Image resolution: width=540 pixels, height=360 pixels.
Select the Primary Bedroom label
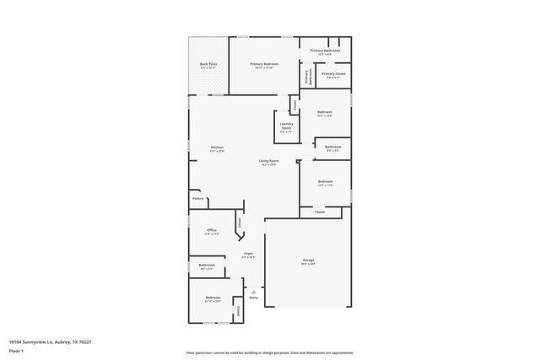(x=264, y=66)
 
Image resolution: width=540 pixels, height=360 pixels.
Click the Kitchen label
(x=217, y=149)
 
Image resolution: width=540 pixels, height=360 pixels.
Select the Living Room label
(x=269, y=162)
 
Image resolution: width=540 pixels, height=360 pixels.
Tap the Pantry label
(x=197, y=199)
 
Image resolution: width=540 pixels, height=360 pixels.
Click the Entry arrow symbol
(x=253, y=291)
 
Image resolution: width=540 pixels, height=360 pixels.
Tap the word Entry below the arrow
(x=253, y=298)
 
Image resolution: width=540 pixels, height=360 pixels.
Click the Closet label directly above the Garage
(x=320, y=212)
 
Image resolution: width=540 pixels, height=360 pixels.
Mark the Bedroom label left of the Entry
(x=213, y=298)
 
